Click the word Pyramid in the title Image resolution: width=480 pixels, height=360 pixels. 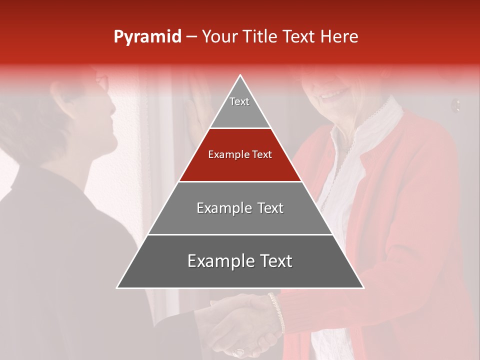point(147,37)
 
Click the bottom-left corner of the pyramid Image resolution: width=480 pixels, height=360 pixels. point(118,287)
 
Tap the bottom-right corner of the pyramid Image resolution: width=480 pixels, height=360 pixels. point(362,287)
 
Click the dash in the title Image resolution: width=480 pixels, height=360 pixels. point(191,36)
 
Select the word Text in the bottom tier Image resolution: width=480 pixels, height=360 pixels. point(272,261)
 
